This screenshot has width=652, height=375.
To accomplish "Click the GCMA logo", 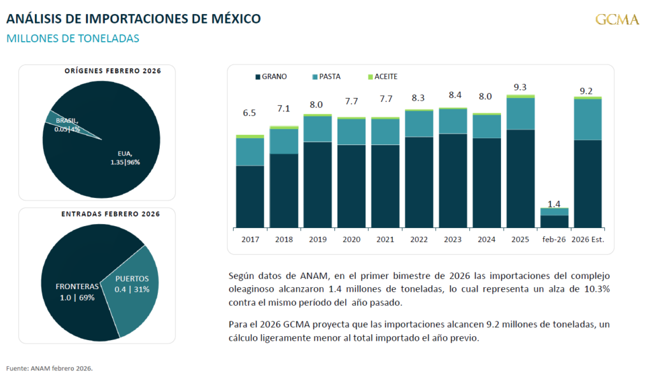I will (617, 19).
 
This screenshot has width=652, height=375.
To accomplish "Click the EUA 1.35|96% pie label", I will (125, 157).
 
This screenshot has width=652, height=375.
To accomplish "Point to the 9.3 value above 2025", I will (520, 87).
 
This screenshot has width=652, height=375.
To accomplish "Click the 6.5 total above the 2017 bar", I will (250, 113).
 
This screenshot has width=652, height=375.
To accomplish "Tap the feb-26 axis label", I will (554, 240).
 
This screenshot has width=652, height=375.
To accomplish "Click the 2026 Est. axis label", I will (588, 240).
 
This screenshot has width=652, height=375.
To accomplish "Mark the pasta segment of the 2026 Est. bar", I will (588, 119).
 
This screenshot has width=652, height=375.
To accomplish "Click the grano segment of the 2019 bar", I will (317, 185).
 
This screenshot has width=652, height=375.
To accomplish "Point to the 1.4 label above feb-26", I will (554, 204).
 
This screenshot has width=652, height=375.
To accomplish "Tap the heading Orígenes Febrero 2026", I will (113, 71).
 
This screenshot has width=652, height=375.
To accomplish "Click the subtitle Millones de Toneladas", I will (73, 38).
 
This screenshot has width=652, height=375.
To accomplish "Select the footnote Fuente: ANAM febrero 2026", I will (50, 368).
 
